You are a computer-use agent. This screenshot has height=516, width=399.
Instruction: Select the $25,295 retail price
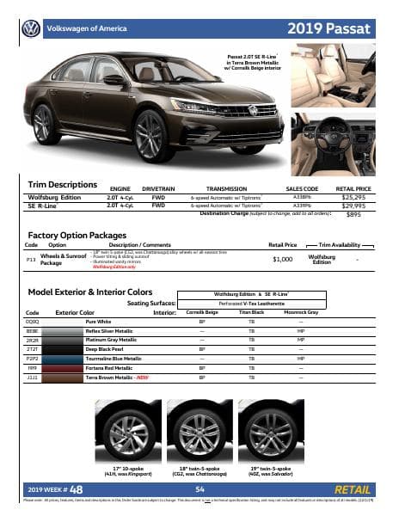(353, 198)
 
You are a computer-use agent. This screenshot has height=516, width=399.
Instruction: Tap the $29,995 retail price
(353, 206)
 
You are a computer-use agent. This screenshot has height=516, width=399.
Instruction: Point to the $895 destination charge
(353, 214)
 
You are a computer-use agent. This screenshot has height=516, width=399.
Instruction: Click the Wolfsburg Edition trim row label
(55, 198)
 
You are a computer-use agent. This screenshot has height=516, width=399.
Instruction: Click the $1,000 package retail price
(283, 258)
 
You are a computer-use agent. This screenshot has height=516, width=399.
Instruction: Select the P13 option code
(31, 257)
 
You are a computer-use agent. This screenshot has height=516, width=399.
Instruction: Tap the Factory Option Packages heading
(77, 235)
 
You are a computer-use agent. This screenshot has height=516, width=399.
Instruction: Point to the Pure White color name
(97, 320)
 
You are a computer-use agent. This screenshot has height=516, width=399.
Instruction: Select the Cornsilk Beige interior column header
(202, 311)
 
